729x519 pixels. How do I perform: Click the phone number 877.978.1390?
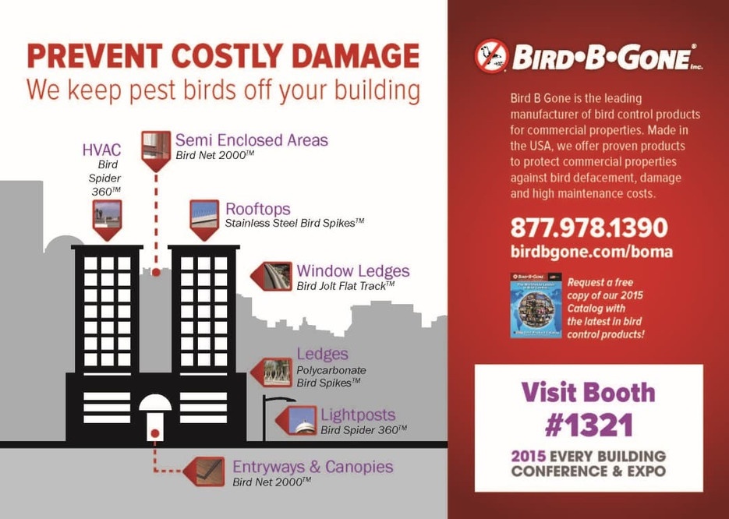coord(589,228)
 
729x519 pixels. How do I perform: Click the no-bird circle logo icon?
coord(491,56)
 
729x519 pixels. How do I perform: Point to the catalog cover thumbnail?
coord(536,305)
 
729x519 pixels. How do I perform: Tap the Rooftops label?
coord(257,209)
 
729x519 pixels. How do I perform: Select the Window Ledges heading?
coord(352,271)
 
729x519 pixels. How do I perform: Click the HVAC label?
coord(101,150)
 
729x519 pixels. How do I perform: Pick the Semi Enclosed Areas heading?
coord(251,140)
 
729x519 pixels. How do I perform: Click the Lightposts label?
coord(358,415)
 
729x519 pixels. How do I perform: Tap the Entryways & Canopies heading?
coord(313,467)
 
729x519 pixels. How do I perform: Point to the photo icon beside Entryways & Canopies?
coord(207,471)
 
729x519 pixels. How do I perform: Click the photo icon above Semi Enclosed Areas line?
coord(156,147)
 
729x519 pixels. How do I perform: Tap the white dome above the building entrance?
coord(155,404)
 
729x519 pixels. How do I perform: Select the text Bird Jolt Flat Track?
coord(341,286)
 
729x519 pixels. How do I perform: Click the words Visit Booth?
coord(588,391)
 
